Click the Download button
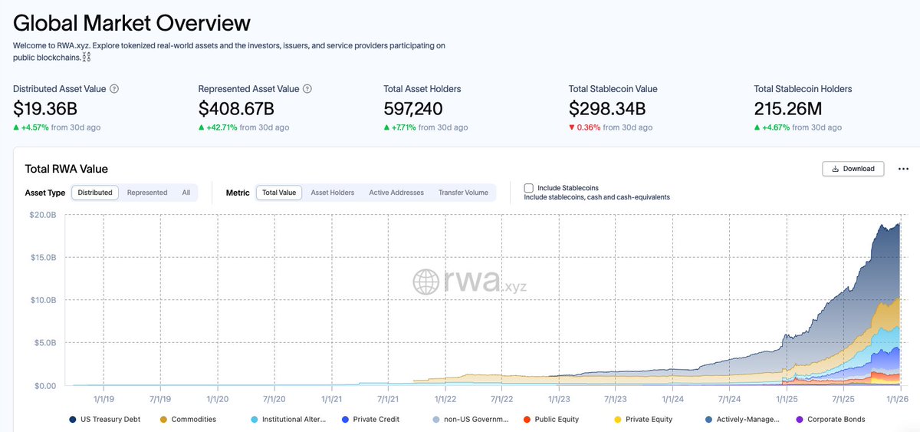click(x=853, y=169)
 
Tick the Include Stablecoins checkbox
click(x=529, y=188)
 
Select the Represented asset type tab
click(x=147, y=193)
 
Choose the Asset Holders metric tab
click(x=332, y=193)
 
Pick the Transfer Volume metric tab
click(x=463, y=193)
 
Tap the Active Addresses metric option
click(x=396, y=193)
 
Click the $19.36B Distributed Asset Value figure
click(x=45, y=109)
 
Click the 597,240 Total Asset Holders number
click(x=413, y=109)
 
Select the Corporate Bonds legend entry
click(x=835, y=420)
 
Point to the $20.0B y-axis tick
click(x=42, y=215)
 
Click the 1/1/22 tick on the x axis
click(x=445, y=399)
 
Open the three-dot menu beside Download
click(x=902, y=169)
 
